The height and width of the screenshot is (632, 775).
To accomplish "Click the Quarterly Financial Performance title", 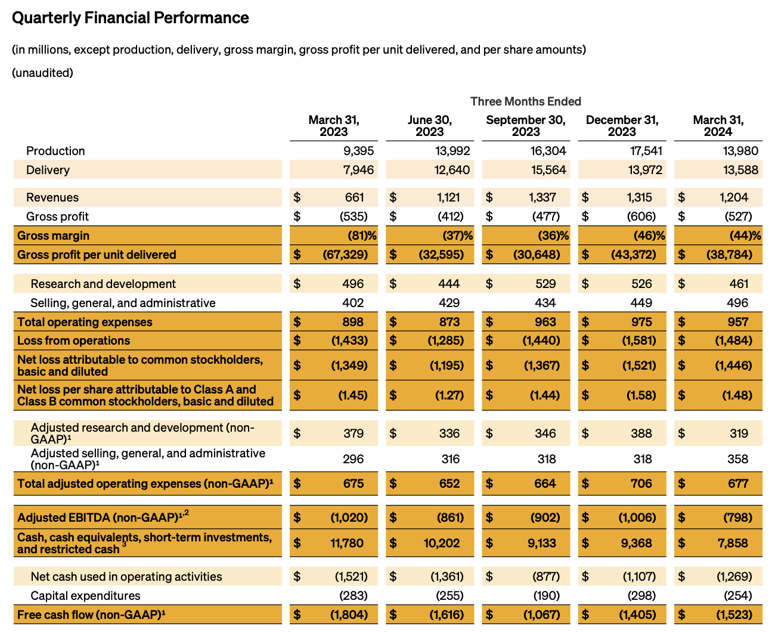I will [x=130, y=18].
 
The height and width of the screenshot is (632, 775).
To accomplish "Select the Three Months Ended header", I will [x=525, y=101].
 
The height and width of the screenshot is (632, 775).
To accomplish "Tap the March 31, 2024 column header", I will [x=718, y=126].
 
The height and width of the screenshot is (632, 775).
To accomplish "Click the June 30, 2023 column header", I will [x=429, y=126].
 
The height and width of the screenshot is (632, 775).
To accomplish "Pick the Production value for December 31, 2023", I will [x=645, y=151].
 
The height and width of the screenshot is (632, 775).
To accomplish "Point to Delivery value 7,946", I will [x=358, y=170].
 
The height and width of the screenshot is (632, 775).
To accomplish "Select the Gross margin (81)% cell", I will [x=362, y=236].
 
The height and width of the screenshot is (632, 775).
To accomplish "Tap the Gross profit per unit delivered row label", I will [x=97, y=255].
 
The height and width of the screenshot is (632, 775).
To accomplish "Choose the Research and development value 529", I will [x=545, y=284].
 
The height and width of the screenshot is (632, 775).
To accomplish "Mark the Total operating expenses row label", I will [x=85, y=322].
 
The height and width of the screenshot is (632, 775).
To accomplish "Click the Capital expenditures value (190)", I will [x=546, y=596].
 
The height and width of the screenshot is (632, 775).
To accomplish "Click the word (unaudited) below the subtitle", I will [x=42, y=73].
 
